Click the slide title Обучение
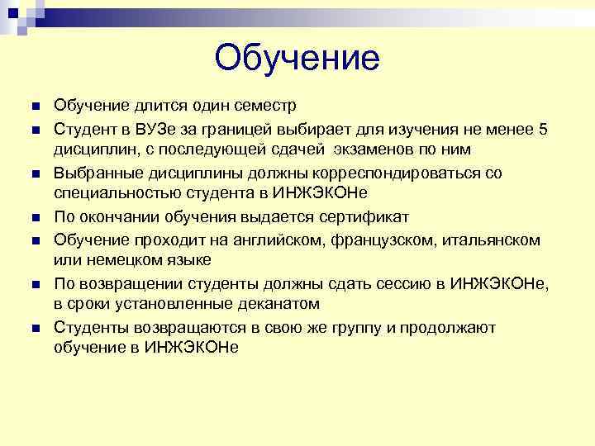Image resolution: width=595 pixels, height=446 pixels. (x=297, y=58)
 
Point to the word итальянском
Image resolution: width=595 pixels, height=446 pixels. (x=492, y=240)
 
